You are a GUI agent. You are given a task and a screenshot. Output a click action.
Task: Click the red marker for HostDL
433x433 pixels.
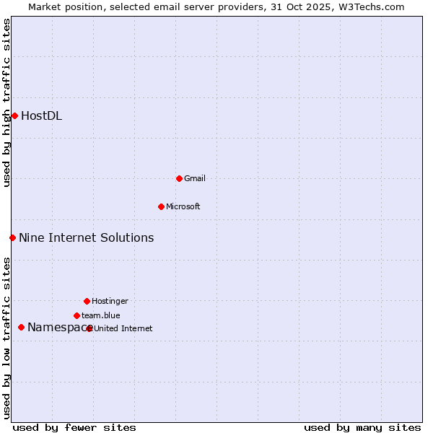click(14, 115)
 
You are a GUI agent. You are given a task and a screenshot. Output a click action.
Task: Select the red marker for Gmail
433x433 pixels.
click(179, 178)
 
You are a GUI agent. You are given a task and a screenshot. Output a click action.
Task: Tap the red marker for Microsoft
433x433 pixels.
click(161, 206)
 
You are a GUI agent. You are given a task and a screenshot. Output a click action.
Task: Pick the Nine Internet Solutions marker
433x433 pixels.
click(12, 237)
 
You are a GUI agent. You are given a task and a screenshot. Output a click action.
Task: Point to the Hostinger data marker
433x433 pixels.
click(87, 301)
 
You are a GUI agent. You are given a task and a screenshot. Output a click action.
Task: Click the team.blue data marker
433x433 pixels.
click(76, 315)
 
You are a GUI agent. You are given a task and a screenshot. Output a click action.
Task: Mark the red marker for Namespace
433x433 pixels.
click(21, 328)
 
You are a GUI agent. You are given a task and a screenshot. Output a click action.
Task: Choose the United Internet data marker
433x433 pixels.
click(89, 328)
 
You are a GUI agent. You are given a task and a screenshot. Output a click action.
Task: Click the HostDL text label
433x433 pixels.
click(41, 115)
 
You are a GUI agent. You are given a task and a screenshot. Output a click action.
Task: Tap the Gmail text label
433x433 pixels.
click(195, 178)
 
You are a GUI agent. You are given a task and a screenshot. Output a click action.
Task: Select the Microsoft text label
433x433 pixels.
click(183, 206)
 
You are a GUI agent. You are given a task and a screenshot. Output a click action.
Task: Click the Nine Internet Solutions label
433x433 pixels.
click(86, 237)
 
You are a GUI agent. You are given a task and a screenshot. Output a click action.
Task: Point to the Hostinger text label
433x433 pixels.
click(110, 301)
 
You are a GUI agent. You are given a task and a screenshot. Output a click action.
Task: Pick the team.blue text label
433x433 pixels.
click(101, 315)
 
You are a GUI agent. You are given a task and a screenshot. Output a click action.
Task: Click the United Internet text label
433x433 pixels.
click(123, 328)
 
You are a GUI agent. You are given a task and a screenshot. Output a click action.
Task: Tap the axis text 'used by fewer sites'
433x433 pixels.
click(74, 427)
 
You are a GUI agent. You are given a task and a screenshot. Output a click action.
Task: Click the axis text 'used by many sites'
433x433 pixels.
click(362, 427)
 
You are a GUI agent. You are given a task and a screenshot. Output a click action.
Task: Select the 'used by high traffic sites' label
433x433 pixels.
click(6, 102)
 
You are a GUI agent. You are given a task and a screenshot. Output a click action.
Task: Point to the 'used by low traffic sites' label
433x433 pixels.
click(6, 337)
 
